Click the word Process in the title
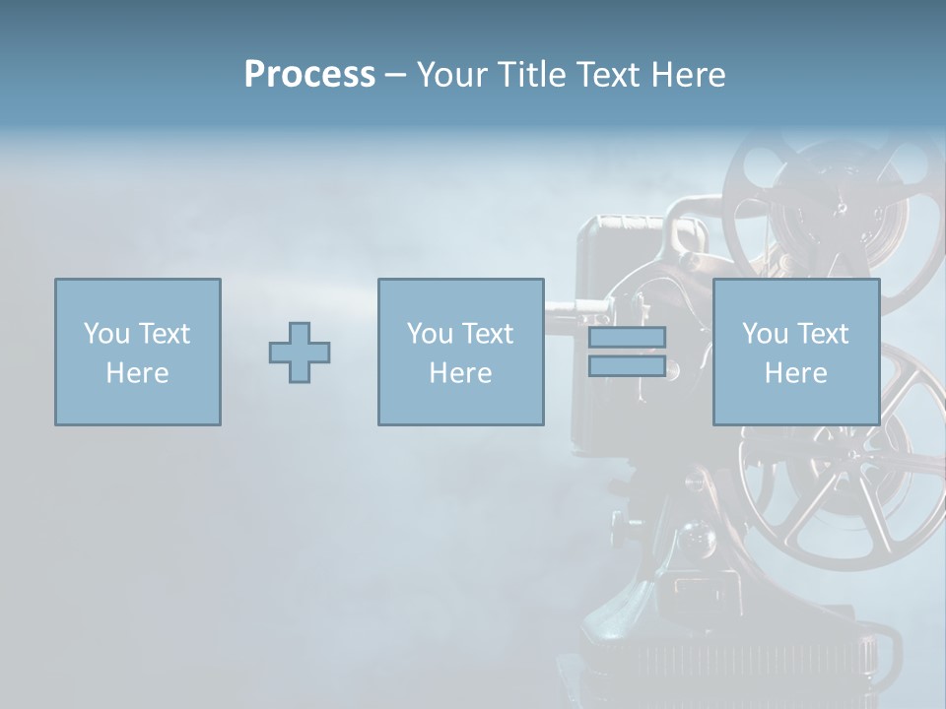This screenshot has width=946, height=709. click(309, 75)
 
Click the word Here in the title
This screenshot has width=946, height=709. click(689, 75)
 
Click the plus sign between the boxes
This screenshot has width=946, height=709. click(300, 353)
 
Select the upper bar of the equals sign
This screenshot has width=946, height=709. click(627, 337)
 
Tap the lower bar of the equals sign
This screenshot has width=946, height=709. click(627, 365)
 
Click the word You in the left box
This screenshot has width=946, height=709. click(106, 334)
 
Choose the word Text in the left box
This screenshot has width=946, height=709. click(164, 334)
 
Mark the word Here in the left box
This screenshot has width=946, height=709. click(137, 373)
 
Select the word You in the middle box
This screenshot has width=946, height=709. click(430, 334)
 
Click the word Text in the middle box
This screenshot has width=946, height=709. click(487, 334)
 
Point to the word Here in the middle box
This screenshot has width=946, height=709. click(460, 373)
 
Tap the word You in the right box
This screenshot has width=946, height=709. click(765, 334)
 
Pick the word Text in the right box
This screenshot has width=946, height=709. click(822, 334)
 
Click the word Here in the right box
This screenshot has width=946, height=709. click(795, 373)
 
